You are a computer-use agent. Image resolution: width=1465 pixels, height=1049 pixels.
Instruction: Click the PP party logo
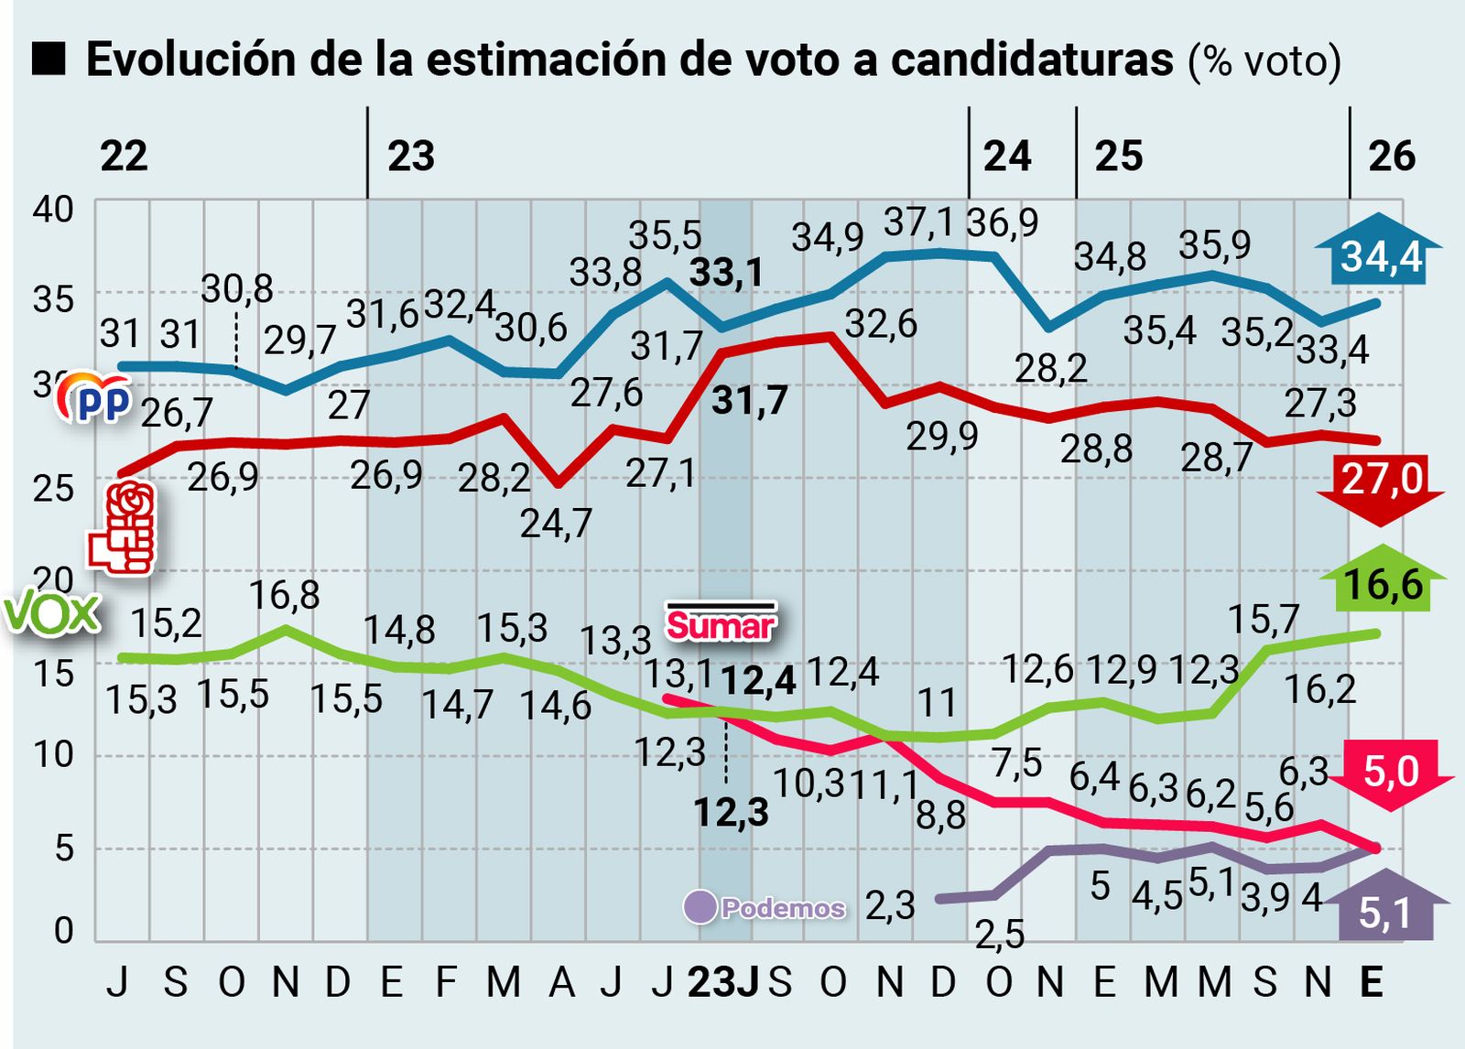pos(95,398)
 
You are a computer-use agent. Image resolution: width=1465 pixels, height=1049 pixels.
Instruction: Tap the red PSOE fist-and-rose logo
pos(123,528)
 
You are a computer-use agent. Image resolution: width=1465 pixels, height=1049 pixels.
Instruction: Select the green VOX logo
pos(51,615)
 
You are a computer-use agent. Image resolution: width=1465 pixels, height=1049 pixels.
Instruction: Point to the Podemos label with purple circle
pos(765,907)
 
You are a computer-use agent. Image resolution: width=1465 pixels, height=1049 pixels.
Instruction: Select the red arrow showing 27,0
pos(1381,486)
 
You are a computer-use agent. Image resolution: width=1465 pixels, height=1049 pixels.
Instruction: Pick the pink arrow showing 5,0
pos(1391,773)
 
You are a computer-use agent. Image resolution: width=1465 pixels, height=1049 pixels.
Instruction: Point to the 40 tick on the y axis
pos(53,209)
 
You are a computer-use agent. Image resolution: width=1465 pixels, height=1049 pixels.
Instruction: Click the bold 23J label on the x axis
pos(722,982)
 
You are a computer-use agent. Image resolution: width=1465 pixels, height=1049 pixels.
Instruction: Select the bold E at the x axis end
pos(1370,982)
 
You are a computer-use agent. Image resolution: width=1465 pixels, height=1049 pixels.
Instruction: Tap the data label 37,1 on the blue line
pos(918,222)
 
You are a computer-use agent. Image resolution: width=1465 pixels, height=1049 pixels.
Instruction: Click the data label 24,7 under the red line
pos(556,524)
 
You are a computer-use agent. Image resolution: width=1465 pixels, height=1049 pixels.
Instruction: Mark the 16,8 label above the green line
pos(284,595)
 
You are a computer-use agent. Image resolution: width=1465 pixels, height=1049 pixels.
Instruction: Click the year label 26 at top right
pos(1391,157)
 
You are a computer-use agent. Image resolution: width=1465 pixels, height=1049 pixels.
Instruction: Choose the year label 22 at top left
pos(124,157)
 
